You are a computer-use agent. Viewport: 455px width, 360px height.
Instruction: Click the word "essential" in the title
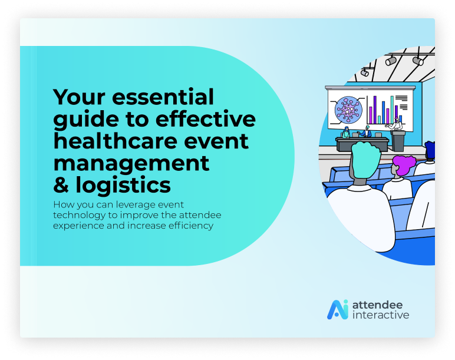tap(163, 97)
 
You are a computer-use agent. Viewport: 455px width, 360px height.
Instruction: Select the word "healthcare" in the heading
tap(116, 141)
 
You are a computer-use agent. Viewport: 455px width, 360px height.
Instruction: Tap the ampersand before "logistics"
tap(61, 185)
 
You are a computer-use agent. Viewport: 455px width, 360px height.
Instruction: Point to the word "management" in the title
tap(131, 164)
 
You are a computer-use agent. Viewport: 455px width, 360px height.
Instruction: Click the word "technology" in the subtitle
tap(79, 216)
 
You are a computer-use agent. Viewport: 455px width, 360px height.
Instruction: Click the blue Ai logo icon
tap(338, 309)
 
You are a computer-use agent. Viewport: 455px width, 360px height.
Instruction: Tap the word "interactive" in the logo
tap(381, 315)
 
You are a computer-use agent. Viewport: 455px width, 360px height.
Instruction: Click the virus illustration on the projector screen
tap(348, 110)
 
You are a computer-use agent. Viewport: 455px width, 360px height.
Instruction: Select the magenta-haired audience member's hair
tap(404, 165)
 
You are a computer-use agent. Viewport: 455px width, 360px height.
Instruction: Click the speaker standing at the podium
tap(396, 124)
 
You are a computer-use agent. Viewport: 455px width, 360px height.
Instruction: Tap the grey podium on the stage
tap(398, 141)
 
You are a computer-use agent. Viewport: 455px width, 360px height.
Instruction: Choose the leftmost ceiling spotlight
tap(365, 72)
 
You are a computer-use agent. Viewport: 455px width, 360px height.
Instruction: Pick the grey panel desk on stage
tap(362, 144)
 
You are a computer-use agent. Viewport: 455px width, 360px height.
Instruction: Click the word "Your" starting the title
tap(79, 97)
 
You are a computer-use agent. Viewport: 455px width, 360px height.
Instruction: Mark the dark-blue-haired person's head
tap(430, 150)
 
